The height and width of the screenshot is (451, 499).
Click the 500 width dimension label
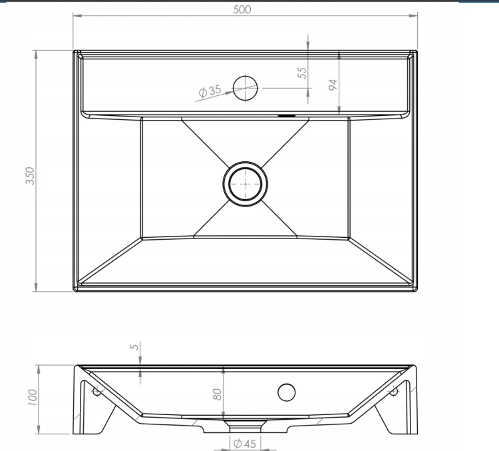(242, 9)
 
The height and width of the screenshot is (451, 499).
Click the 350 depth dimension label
(30, 176)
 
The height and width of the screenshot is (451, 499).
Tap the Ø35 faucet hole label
(210, 91)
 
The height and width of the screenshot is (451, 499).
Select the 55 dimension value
(302, 73)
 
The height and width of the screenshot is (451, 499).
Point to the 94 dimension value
(333, 85)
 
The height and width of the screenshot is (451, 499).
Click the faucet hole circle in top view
(245, 77)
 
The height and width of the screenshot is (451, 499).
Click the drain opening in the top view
(246, 184)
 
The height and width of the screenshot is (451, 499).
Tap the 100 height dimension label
(33, 397)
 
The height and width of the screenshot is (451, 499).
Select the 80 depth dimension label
(217, 394)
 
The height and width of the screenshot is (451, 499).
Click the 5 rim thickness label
(135, 346)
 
